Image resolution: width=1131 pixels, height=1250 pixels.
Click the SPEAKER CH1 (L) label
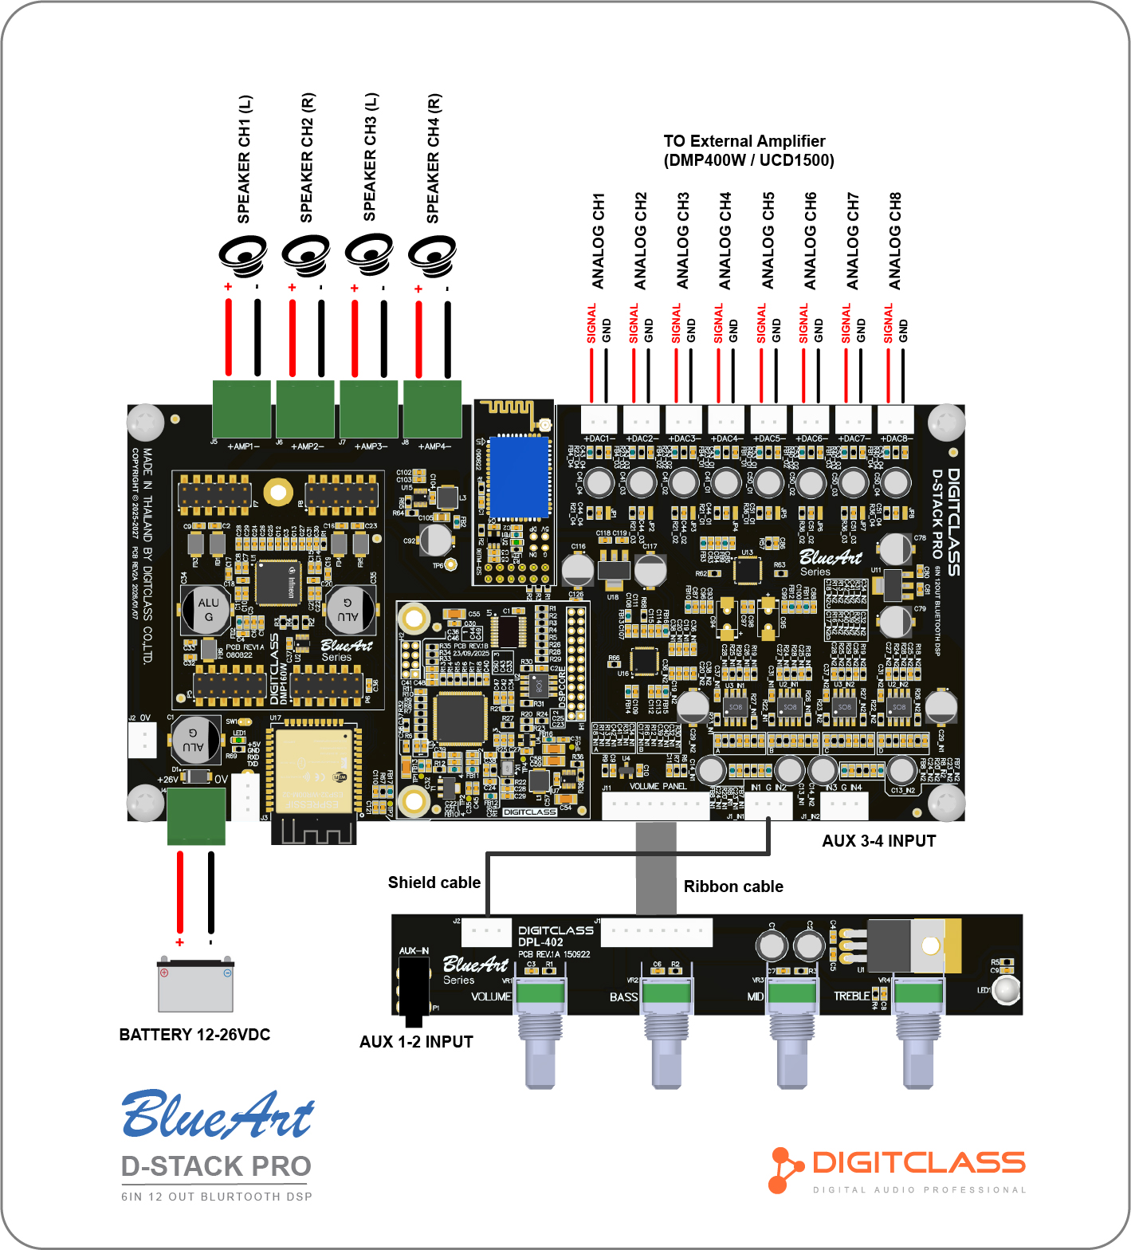245,159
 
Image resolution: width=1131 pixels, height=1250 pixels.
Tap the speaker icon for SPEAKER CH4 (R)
432,255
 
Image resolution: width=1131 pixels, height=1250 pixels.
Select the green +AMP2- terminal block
305,408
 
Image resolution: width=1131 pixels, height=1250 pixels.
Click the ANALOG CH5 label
768,241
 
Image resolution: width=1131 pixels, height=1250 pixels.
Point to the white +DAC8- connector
895,419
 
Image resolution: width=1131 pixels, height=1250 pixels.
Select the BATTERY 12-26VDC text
194,1035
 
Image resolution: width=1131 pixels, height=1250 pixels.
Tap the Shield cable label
434,882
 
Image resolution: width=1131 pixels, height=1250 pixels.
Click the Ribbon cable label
733,886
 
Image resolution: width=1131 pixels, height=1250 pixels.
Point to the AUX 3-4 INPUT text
879,841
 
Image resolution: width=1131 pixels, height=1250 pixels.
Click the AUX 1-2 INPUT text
416,1042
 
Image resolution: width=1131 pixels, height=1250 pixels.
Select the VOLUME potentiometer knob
541,1036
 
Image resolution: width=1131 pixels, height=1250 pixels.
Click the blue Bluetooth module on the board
519,477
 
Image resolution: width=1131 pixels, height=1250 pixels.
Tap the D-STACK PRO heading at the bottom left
216,1166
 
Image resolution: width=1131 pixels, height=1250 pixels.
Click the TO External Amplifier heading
748,151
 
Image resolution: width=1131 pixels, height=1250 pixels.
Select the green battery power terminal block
196,816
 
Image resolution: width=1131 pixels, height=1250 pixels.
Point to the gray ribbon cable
656,869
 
